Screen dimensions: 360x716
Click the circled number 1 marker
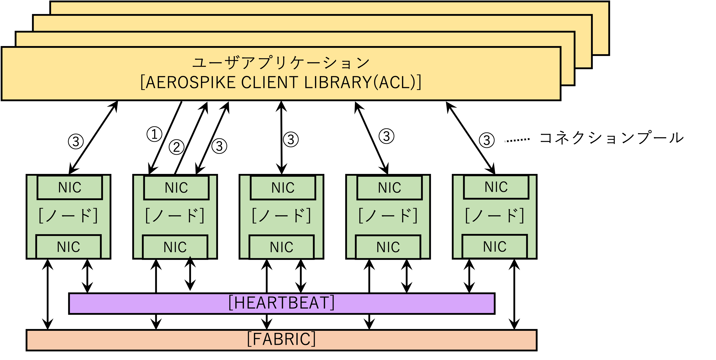click(154, 134)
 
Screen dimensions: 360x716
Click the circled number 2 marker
click(177, 147)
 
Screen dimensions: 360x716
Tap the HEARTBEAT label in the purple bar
click(281, 303)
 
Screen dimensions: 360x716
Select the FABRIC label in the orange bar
click(281, 339)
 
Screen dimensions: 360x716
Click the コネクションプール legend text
click(611, 138)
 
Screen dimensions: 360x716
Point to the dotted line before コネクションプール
click(517, 140)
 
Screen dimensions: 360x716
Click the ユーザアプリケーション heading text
click(281, 63)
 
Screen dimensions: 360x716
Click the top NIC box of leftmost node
click(70, 188)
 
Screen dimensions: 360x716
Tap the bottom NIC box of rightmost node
click(494, 247)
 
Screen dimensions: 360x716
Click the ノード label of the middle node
click(281, 216)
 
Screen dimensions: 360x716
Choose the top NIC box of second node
click(176, 188)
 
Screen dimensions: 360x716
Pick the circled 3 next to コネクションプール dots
click(486, 140)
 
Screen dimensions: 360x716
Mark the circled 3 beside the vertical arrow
click(291, 139)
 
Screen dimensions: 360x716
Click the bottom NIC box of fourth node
click(388, 247)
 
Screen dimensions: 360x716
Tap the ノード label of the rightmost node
click(494, 216)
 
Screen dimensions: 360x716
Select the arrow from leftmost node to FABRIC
click(48, 294)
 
